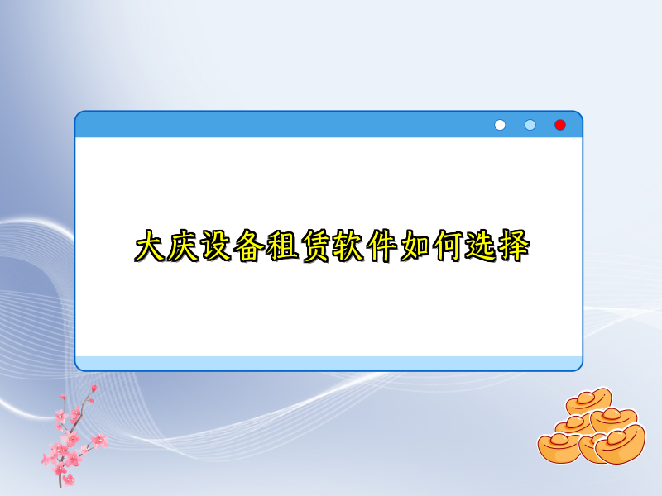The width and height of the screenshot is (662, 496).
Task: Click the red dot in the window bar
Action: pos(560,125)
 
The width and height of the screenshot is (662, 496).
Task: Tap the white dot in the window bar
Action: pos(500,125)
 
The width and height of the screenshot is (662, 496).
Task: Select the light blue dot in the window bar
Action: pos(530,125)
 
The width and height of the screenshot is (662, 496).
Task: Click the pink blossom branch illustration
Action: pos(70,438)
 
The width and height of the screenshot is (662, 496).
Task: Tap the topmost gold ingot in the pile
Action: pos(588,403)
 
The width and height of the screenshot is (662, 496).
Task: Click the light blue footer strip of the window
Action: pos(329,363)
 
